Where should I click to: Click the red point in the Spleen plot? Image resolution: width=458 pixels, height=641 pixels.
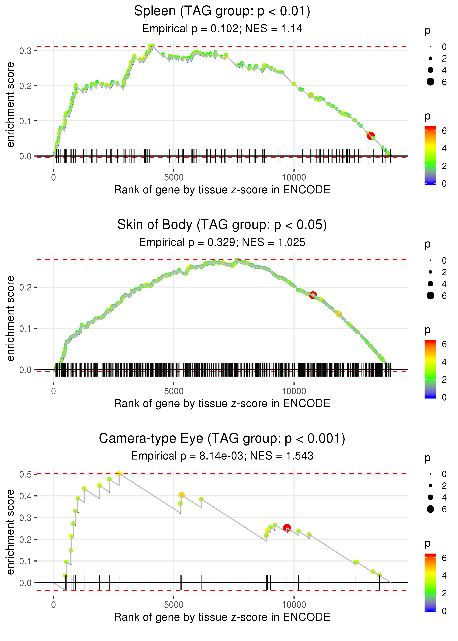pyautogui.click(x=371, y=136)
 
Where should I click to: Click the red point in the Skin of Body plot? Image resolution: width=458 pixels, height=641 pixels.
pyautogui.click(x=313, y=295)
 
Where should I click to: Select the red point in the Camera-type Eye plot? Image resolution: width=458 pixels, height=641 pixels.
pyautogui.click(x=287, y=528)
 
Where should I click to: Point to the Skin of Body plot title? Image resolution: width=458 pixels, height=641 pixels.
pyautogui.click(x=222, y=225)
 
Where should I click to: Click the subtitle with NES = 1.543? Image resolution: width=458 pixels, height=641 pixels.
pyautogui.click(x=222, y=456)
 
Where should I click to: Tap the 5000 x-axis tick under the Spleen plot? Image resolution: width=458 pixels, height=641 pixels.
pyautogui.click(x=174, y=178)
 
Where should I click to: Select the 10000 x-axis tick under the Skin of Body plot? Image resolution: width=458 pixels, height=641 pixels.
pyautogui.click(x=294, y=391)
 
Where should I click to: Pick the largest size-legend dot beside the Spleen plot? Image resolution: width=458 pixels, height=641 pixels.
pyautogui.click(x=430, y=82)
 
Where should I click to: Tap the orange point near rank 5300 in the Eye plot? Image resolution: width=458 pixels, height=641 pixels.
pyautogui.click(x=182, y=495)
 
